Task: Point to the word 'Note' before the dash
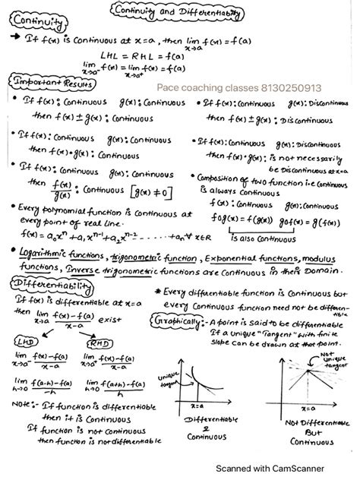(x=23, y=403)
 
